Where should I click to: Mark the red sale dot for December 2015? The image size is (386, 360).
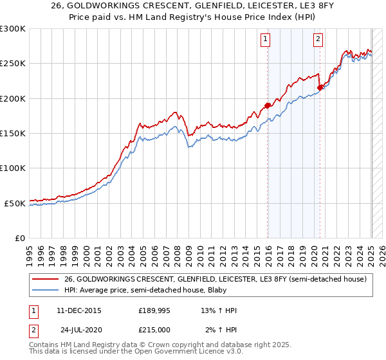pyautogui.click(x=268, y=105)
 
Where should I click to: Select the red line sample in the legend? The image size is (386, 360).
pyautogui.click(x=46, y=279)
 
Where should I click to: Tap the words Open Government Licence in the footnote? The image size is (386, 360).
pyautogui.click(x=160, y=353)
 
